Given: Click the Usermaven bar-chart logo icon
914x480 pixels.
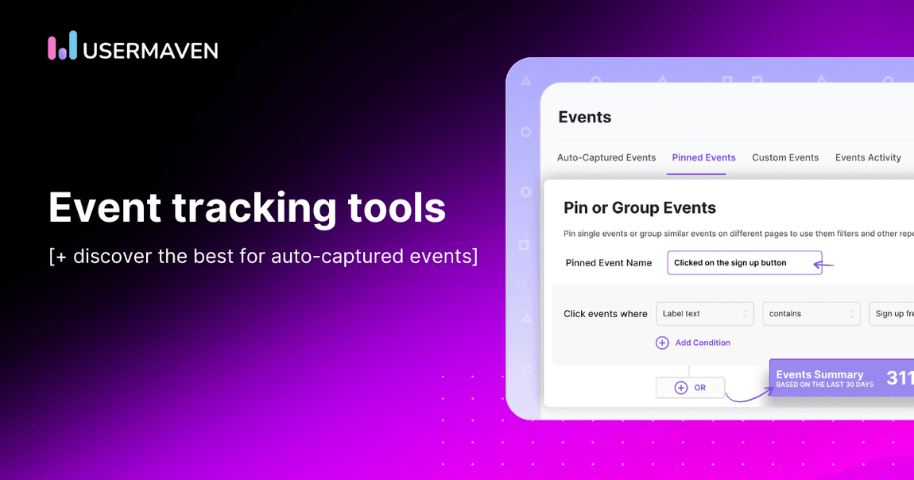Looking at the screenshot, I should click(63, 46).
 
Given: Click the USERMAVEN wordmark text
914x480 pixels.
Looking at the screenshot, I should click(150, 50).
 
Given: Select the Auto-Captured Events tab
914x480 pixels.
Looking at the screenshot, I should click(606, 157).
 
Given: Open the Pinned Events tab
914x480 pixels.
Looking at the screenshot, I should click(703, 157).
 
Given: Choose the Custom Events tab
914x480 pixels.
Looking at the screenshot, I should click(785, 157).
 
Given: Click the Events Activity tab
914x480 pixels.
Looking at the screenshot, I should click(868, 157).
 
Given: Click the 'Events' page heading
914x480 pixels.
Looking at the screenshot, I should click(585, 118).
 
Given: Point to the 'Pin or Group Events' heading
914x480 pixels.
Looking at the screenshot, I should click(640, 208).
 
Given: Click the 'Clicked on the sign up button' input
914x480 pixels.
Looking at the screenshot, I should click(744, 263).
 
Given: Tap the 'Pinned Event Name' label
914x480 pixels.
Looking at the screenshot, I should click(609, 263).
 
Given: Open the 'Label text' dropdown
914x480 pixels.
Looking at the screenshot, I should click(704, 314).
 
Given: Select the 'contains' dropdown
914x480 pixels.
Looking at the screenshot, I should click(811, 314).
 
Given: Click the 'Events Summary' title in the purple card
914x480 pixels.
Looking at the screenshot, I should click(819, 374).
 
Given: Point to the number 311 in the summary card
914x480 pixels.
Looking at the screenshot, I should click(900, 378).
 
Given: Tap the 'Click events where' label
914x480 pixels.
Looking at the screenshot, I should click(606, 314).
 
